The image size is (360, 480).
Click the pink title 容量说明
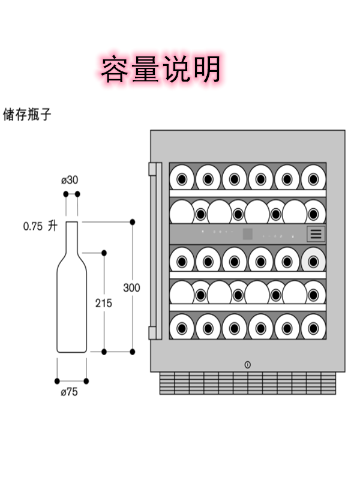point(161,69)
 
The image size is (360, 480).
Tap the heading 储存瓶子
point(27,114)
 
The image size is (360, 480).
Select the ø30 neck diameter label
point(70,180)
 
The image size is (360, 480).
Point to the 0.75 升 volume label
point(40,226)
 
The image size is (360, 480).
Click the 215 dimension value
point(103,303)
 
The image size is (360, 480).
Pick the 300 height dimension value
point(131,287)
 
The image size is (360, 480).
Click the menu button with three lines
point(316,233)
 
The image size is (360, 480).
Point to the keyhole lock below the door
point(248,364)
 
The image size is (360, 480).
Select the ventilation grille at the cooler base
point(247,383)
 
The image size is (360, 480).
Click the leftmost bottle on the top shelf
point(181,178)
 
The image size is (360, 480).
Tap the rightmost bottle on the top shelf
point(313,178)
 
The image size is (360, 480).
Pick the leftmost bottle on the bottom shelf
point(181,328)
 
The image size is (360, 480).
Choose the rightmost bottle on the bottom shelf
point(313,328)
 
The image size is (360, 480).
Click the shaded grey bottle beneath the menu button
point(313,260)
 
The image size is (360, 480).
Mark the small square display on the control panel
point(247,233)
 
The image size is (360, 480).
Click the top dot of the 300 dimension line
point(132,222)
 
